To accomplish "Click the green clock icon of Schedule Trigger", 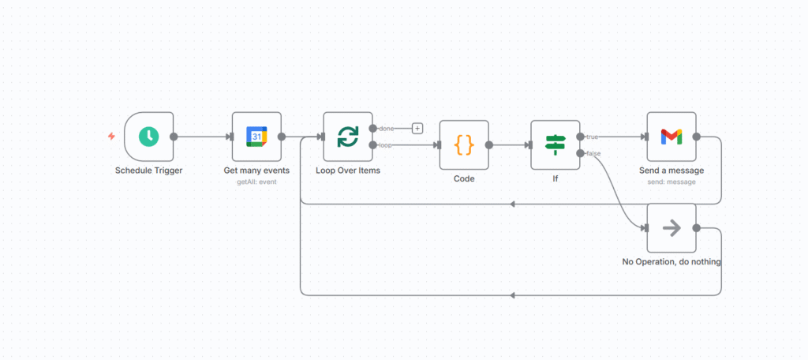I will [148, 137].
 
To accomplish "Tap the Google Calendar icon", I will [256, 137].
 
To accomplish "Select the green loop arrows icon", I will [348, 137].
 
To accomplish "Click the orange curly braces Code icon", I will [464, 144].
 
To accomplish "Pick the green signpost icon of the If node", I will [555, 144].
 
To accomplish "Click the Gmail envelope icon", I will [671, 137].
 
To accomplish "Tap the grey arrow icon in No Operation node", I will [671, 228].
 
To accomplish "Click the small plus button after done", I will [417, 128].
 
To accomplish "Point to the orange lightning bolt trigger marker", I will [111, 137].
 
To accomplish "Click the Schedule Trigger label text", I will [149, 171].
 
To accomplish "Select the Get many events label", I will [256, 171].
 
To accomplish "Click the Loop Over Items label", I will [348, 171].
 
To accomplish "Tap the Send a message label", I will [671, 171].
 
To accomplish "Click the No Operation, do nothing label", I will [671, 261].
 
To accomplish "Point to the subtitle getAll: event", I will [256, 182].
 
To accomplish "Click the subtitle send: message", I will [671, 182].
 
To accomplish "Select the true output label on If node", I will [592, 137].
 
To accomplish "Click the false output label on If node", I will [593, 153].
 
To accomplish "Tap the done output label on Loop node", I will [387, 129].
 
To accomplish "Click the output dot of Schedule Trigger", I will [174, 137].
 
